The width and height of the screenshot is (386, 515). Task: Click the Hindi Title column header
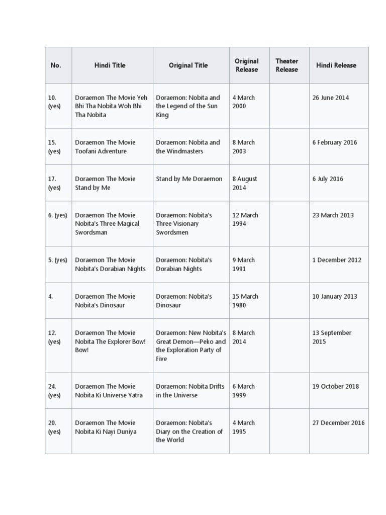(x=110, y=65)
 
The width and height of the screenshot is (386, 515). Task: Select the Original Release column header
(x=246, y=65)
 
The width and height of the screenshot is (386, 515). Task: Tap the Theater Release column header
(x=286, y=65)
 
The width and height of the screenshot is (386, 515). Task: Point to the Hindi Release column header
(x=336, y=65)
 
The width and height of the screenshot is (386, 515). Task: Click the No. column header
(x=56, y=65)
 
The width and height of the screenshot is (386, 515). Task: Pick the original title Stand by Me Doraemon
(x=189, y=179)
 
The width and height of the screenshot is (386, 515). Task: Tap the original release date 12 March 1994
(x=245, y=219)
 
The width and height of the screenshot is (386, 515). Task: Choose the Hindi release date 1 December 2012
(x=337, y=260)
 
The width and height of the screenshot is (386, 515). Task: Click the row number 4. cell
(x=51, y=296)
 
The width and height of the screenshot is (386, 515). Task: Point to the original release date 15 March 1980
(x=245, y=301)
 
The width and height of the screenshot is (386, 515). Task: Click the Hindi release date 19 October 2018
(x=336, y=387)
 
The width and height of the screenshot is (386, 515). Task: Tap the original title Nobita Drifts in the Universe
(x=188, y=391)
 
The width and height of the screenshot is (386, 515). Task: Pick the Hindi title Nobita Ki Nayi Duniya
(x=106, y=427)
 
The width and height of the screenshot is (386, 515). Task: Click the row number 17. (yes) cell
(x=54, y=183)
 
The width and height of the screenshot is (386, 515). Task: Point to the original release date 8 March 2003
(x=243, y=147)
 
